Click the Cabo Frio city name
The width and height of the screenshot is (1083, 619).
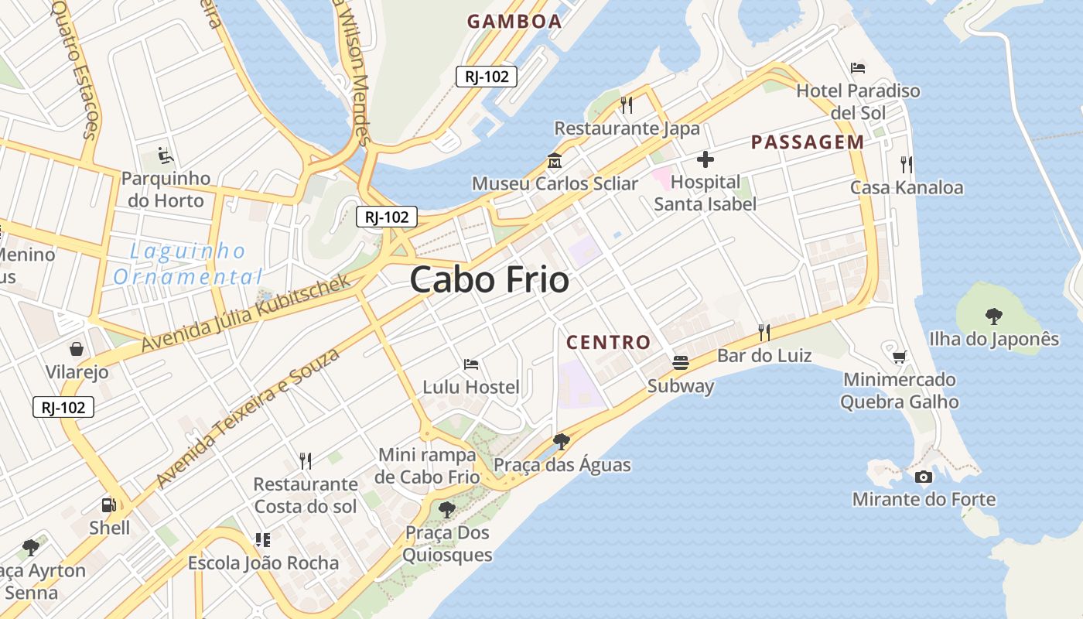tap(490, 279)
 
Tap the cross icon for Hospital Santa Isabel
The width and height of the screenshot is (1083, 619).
tap(705, 160)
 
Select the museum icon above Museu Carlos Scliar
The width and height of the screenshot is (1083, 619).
tap(555, 162)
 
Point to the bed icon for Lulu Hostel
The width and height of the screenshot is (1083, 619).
tap(471, 364)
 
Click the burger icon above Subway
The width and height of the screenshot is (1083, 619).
tap(681, 363)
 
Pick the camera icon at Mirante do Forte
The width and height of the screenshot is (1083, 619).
tap(923, 477)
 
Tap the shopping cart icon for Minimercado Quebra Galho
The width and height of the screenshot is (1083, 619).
tap(899, 357)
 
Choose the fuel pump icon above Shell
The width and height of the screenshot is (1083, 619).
tap(109, 505)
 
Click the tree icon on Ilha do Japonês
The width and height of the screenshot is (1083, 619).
tap(994, 316)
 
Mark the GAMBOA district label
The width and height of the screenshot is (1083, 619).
tap(514, 22)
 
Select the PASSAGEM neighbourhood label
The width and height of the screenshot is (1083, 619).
tap(808, 142)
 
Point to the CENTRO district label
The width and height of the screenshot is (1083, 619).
tap(609, 342)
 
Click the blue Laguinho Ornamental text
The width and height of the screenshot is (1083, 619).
tap(187, 264)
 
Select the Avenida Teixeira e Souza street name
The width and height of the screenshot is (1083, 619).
tap(248, 419)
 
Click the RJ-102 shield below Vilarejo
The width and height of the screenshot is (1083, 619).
tap(63, 407)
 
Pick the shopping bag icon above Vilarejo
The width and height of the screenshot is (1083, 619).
tap(77, 349)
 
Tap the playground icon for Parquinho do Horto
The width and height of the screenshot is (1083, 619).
tap(166, 156)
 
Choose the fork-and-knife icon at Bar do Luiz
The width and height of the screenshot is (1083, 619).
tap(764, 333)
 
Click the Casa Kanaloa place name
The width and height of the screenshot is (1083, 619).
tap(907, 187)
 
